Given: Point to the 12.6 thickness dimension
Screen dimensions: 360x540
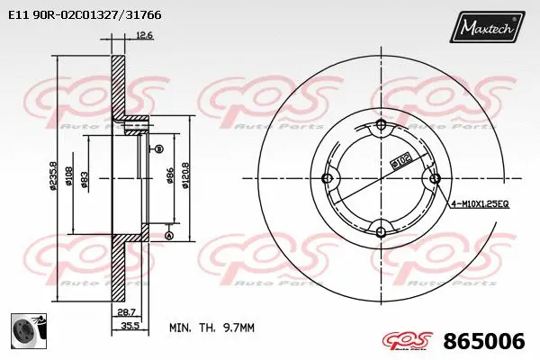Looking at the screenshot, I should (x=143, y=36).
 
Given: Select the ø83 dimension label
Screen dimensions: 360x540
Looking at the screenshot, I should (x=85, y=179).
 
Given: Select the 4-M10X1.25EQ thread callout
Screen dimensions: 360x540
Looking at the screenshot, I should (x=481, y=205).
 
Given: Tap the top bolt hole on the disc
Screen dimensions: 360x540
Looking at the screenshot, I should (x=380, y=124).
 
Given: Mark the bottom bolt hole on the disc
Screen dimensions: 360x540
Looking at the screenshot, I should (x=380, y=233).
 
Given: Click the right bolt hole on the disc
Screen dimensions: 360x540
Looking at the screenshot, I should (x=435, y=178).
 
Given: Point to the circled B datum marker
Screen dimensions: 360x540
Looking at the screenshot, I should (x=158, y=148).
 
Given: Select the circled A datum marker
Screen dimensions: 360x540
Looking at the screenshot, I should (x=167, y=236).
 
